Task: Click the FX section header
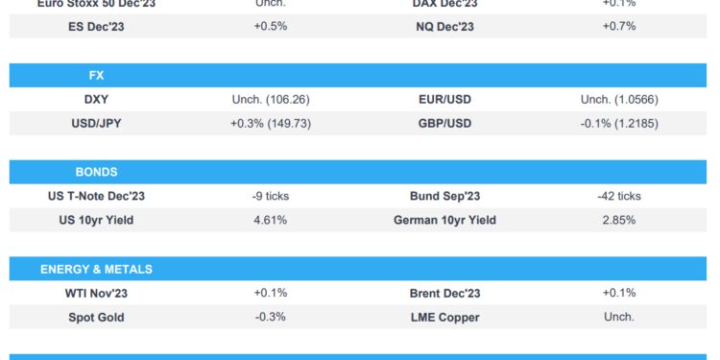pyautogui.click(x=95, y=75)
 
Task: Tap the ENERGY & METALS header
pyautogui.click(x=96, y=269)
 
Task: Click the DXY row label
pyautogui.click(x=96, y=99)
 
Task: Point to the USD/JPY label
pyautogui.click(x=96, y=123)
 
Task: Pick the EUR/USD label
pyautogui.click(x=444, y=99)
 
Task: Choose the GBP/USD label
pyautogui.click(x=444, y=123)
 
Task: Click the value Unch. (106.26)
pyautogui.click(x=271, y=99)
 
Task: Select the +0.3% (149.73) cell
pyautogui.click(x=271, y=123)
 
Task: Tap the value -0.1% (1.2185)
pyautogui.click(x=618, y=123)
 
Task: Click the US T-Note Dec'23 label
pyautogui.click(x=96, y=196)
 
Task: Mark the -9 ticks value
pyautogui.click(x=271, y=196)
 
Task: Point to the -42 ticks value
pyautogui.click(x=618, y=196)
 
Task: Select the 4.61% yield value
pyautogui.click(x=271, y=220)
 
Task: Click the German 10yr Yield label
pyautogui.click(x=444, y=220)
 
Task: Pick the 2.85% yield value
pyautogui.click(x=618, y=220)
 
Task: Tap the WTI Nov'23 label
pyautogui.click(x=96, y=293)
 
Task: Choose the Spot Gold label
pyautogui.click(x=96, y=317)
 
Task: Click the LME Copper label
pyautogui.click(x=444, y=317)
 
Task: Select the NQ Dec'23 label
pyautogui.click(x=444, y=27)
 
